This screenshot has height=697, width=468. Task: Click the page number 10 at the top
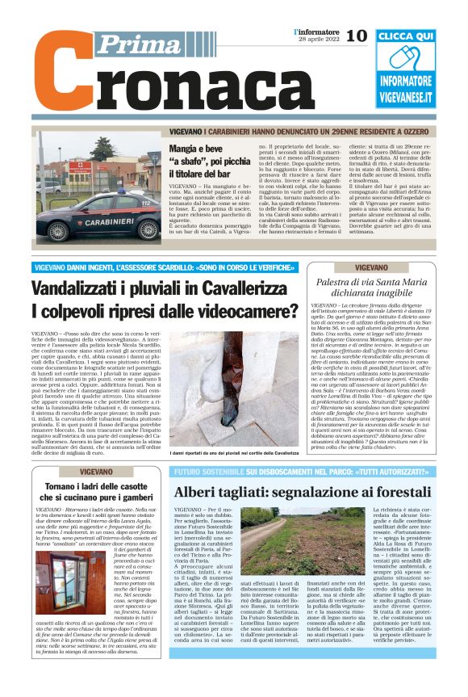click(x=356, y=36)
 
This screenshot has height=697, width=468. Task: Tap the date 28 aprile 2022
click(x=317, y=40)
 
